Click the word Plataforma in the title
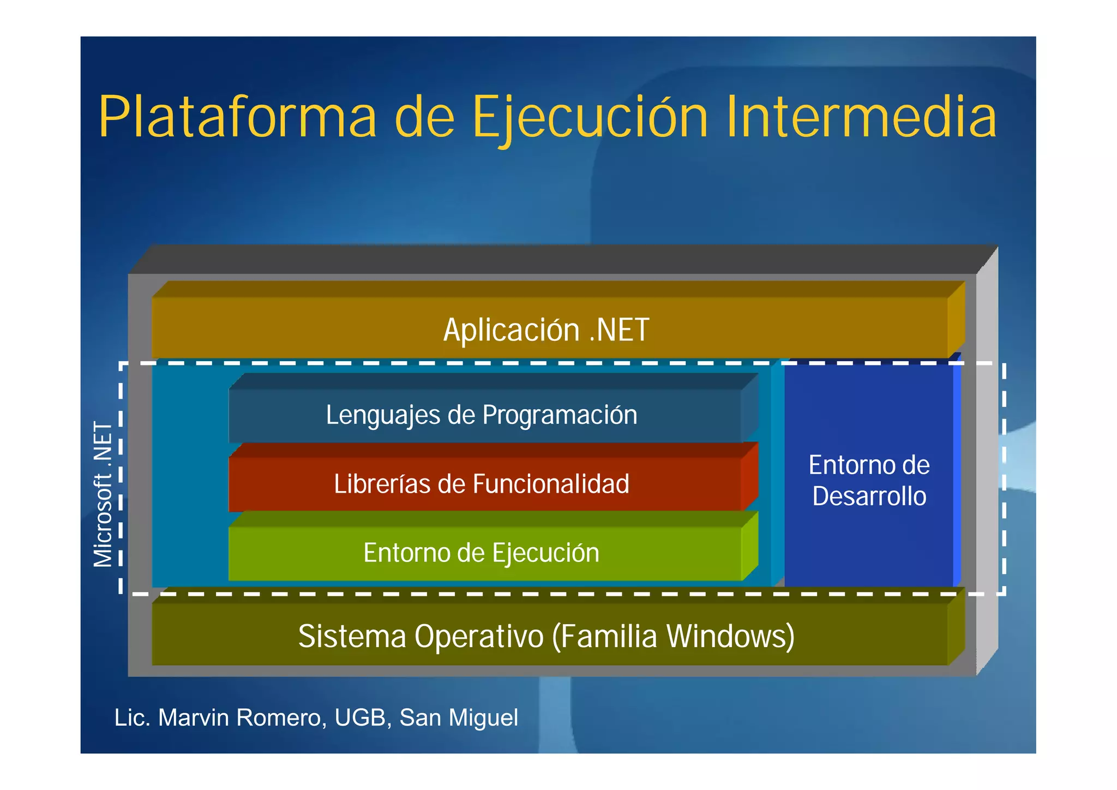(x=237, y=117)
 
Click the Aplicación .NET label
(x=546, y=330)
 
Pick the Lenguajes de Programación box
(x=482, y=415)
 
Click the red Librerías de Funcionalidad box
(x=482, y=484)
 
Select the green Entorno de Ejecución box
(x=482, y=553)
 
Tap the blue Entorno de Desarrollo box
(x=869, y=480)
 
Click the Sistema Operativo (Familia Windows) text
(x=546, y=637)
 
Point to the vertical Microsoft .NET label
(x=103, y=494)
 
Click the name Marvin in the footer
(x=193, y=718)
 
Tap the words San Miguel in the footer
(x=459, y=718)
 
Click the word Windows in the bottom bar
(x=730, y=637)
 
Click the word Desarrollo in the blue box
(x=869, y=496)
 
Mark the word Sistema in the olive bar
(x=352, y=637)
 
